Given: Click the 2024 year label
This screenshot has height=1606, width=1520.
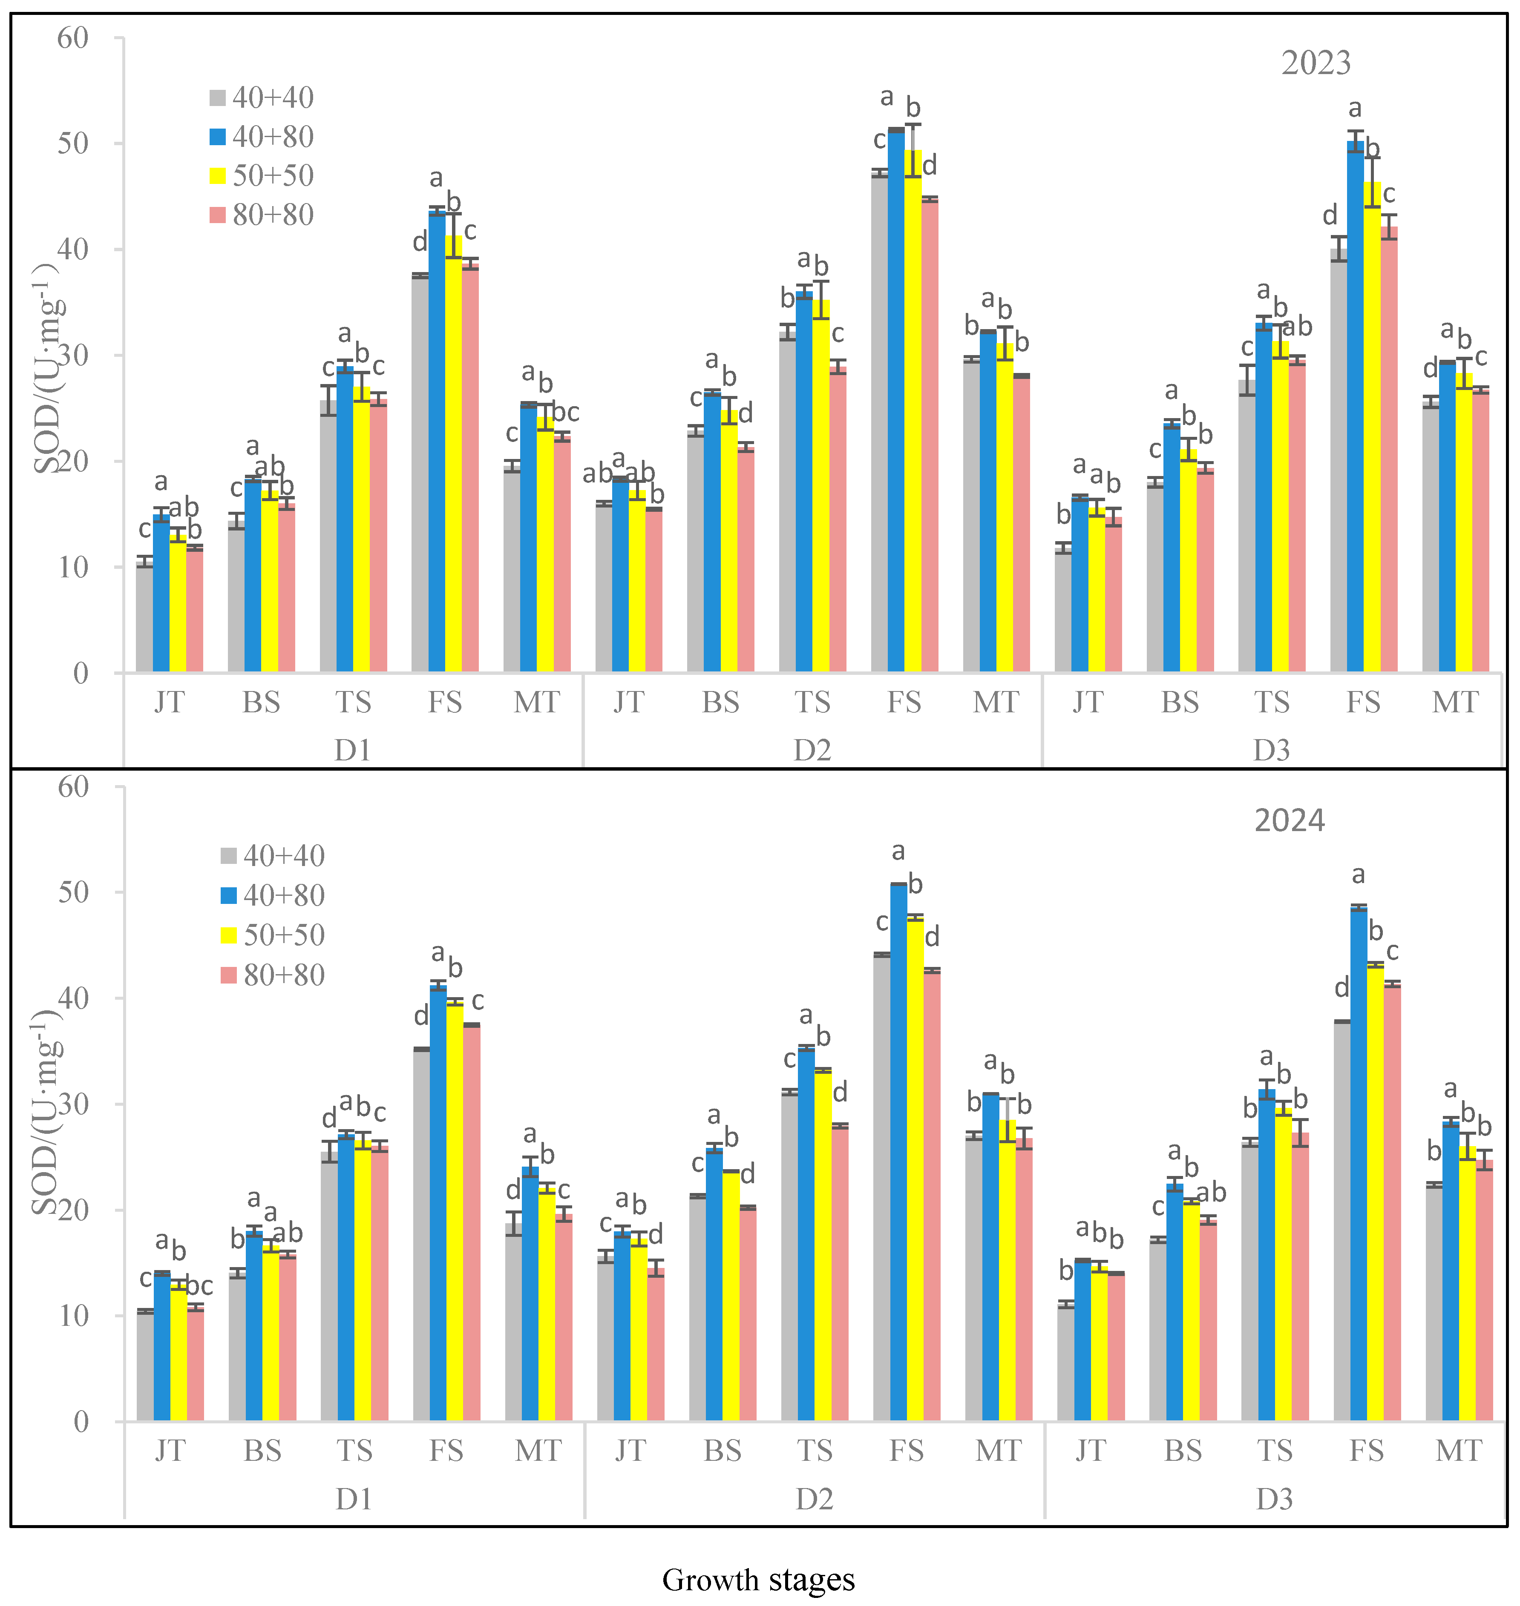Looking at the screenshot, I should click(1289, 820).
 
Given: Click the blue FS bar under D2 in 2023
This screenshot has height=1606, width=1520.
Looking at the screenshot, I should click(896, 405).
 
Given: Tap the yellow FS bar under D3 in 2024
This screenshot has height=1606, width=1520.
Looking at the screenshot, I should click(1375, 1190).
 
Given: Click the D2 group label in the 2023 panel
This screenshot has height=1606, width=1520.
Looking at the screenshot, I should click(812, 750).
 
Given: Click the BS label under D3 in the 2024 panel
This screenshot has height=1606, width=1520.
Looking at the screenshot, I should click(1182, 1451).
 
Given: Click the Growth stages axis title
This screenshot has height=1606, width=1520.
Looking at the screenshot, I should click(758, 1579).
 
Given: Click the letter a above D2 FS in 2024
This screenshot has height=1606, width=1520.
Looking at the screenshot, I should click(898, 851).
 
